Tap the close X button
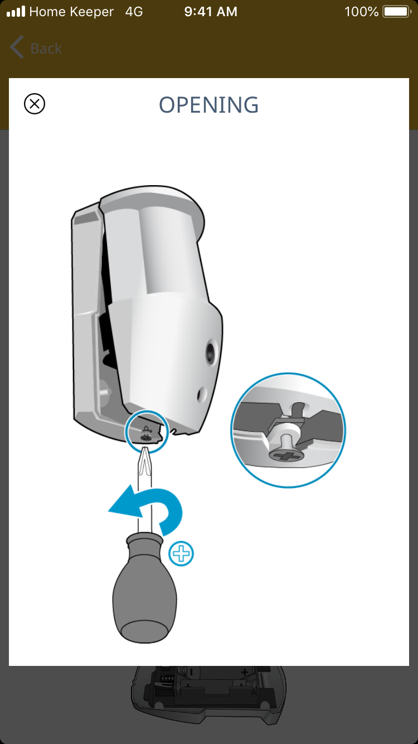click(x=35, y=104)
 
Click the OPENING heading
click(x=209, y=105)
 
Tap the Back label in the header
click(x=46, y=49)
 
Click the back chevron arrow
click(x=17, y=47)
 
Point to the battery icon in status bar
click(x=397, y=12)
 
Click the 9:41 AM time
click(x=211, y=12)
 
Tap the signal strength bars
click(x=16, y=11)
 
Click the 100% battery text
click(x=361, y=12)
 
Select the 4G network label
click(x=134, y=12)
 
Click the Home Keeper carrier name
click(x=71, y=12)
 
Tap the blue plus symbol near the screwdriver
click(x=181, y=554)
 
